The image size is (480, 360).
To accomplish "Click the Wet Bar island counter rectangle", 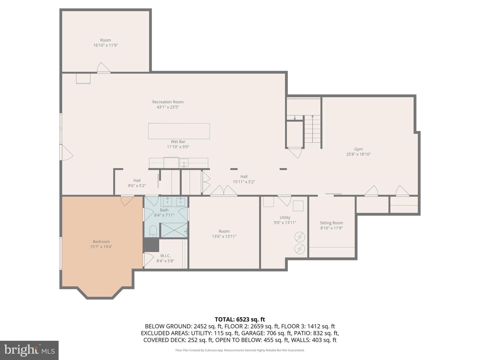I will pyautogui.click(x=179, y=131).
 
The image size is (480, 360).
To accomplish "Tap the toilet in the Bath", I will pyautogui.click(x=153, y=231).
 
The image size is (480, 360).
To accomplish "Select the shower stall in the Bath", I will pyautogui.click(x=174, y=230).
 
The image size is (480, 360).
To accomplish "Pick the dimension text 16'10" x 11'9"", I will pyautogui.click(x=105, y=45).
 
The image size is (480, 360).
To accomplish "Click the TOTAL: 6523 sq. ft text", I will pyautogui.click(x=240, y=320).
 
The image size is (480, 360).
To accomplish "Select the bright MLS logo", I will pyautogui.click(x=29, y=350).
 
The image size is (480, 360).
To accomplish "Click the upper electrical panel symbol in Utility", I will pyautogui.click(x=300, y=237).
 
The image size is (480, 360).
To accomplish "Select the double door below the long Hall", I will pyautogui.click(x=223, y=191).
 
